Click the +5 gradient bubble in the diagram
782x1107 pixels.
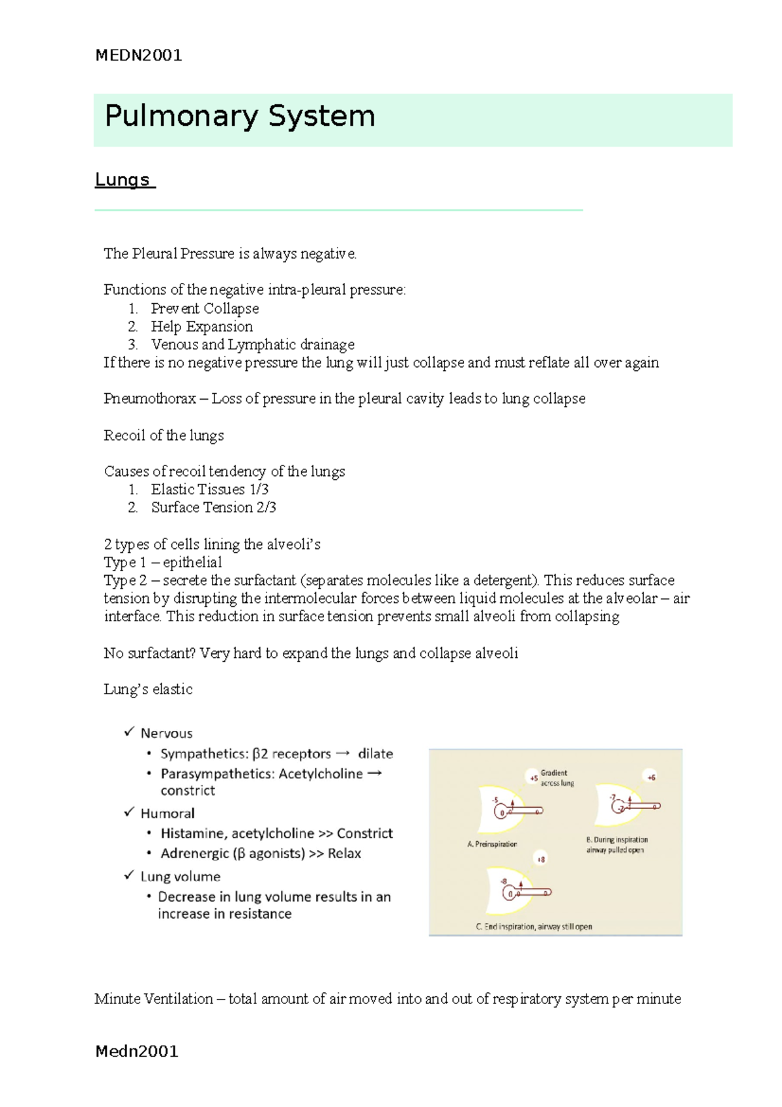click(534, 777)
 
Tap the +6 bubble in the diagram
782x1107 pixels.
click(651, 776)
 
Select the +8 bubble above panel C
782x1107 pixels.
click(541, 859)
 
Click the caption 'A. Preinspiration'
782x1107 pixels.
click(492, 844)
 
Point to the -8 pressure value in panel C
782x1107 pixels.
click(503, 881)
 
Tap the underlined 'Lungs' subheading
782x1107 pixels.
click(123, 180)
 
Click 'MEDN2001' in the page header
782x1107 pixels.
click(138, 55)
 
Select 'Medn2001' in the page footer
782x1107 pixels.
click(137, 1051)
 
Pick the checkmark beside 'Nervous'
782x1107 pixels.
click(129, 732)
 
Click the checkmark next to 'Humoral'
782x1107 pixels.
click(129, 812)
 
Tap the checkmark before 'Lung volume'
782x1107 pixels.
click(129, 876)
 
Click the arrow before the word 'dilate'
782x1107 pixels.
click(343, 754)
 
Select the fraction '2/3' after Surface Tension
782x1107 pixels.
click(267, 507)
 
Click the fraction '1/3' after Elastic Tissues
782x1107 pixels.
click(259, 489)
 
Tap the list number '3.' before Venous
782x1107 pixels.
click(133, 344)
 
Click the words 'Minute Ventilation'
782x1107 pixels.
click(154, 999)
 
